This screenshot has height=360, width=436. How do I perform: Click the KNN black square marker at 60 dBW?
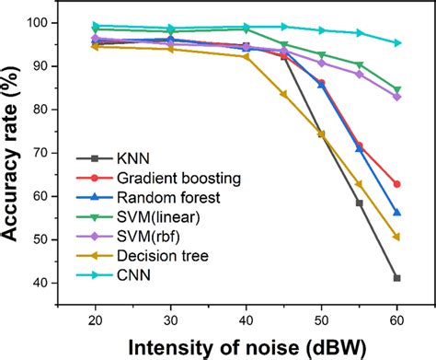396,278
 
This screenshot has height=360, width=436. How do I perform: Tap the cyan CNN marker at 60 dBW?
396,43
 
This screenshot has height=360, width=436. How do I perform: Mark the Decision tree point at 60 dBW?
396,237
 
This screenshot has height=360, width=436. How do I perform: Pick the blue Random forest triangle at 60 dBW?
396,213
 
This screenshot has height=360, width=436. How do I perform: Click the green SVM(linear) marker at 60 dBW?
396,89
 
